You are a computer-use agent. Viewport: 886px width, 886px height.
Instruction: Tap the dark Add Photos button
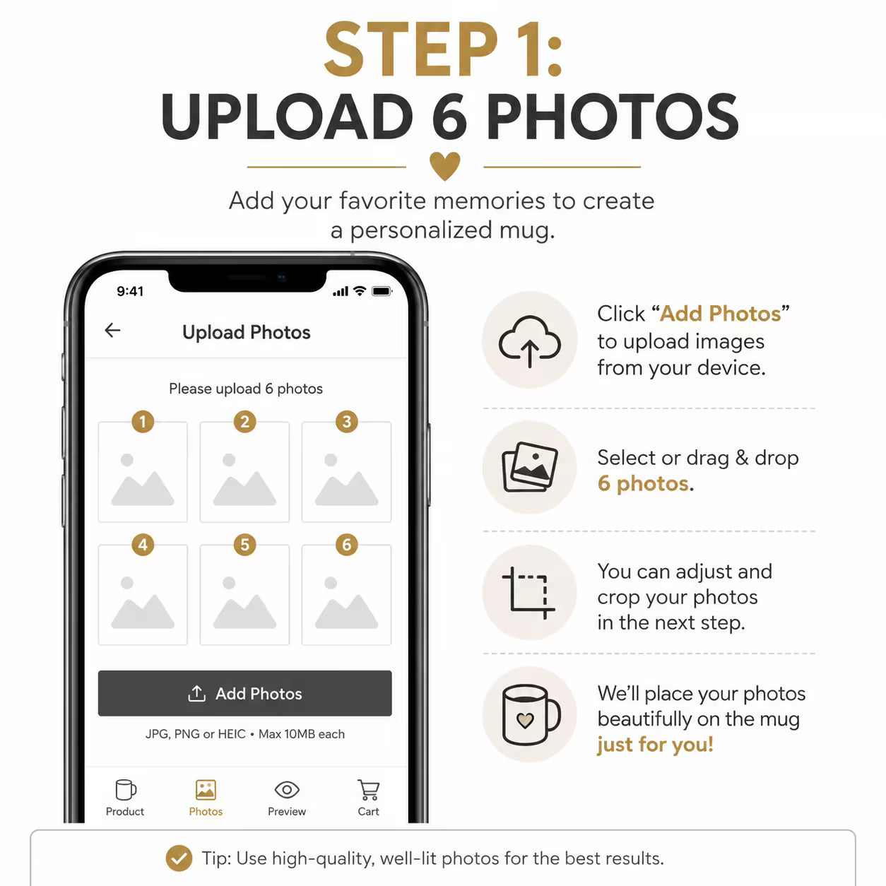pos(244,693)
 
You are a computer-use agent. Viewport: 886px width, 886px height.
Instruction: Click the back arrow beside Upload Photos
pos(112,330)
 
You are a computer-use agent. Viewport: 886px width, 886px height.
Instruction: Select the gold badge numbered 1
pos(143,421)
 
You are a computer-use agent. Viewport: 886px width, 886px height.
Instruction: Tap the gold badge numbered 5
pos(244,544)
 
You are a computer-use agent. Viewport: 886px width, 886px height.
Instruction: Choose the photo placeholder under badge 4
pos(143,595)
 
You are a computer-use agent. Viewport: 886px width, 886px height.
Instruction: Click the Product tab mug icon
pos(126,790)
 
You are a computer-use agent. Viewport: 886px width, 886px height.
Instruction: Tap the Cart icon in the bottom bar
pos(368,790)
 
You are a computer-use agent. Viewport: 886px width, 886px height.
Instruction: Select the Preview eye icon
pos(287,790)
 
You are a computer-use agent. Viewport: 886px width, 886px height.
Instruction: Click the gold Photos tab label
pos(206,812)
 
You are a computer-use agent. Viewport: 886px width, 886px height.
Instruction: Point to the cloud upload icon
pos(530,341)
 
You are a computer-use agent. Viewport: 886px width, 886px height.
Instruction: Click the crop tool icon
pos(528,593)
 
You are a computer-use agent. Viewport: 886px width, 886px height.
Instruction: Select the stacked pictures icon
pos(530,467)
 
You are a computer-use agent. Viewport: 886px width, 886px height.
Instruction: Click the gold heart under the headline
pos(444,165)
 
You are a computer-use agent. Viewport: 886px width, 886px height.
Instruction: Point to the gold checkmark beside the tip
pos(179,858)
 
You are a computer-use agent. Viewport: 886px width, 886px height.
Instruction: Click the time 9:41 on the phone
pos(130,291)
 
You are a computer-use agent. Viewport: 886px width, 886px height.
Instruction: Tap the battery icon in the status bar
pos(382,291)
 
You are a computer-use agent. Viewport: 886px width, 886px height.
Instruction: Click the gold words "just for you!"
pos(655,745)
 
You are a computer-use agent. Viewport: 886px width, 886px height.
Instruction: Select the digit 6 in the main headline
pos(449,116)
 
